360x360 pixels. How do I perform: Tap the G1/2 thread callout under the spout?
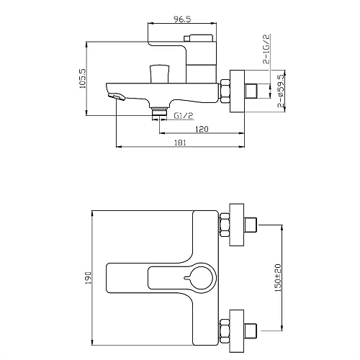click(184, 114)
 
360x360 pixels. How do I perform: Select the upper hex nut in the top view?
click(224, 225)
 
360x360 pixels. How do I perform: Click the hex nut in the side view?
click(225, 90)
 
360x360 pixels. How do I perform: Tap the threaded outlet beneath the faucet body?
click(159, 112)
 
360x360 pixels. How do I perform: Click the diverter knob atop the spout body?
click(158, 73)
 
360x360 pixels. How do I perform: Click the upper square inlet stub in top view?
click(251, 225)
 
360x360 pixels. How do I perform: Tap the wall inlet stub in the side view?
click(251, 90)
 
